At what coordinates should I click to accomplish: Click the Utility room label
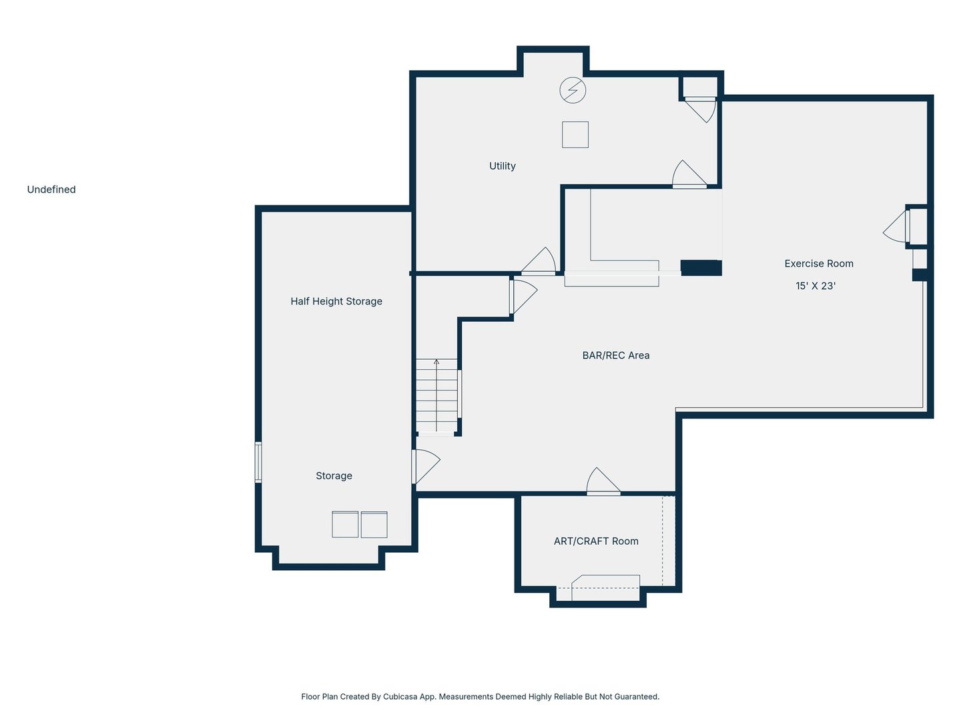(x=502, y=166)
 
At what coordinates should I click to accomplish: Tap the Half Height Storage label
(x=336, y=302)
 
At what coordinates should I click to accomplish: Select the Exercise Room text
(x=818, y=264)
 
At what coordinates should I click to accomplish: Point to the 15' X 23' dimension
(x=815, y=286)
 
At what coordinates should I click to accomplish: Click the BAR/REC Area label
(x=615, y=356)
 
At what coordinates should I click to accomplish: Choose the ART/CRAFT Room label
(x=596, y=541)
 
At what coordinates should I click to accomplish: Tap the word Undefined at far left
(x=51, y=190)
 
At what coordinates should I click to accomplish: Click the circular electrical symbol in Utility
(x=573, y=90)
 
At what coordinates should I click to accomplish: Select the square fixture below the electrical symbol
(x=575, y=135)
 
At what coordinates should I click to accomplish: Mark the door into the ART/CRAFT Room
(x=603, y=483)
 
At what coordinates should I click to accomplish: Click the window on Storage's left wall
(x=258, y=462)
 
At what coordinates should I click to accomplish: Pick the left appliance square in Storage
(x=345, y=525)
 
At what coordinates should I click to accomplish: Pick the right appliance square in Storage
(x=374, y=525)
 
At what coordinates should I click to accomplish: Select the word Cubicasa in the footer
(x=400, y=697)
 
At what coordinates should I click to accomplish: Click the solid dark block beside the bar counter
(x=701, y=268)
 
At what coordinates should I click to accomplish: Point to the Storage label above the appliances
(x=334, y=476)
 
